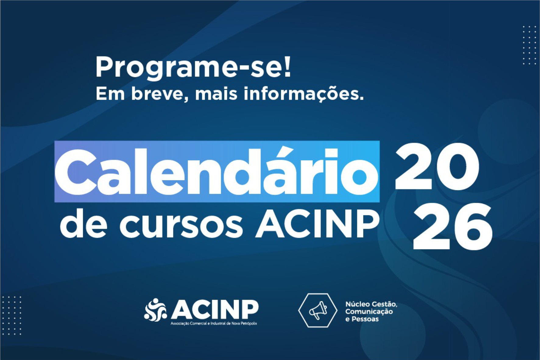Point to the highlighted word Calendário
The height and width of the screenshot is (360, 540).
tap(217, 172)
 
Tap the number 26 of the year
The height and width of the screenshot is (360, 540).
tap(453, 226)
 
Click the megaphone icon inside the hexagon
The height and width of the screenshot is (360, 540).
tap(318, 310)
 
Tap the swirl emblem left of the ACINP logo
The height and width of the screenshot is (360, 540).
tap(155, 310)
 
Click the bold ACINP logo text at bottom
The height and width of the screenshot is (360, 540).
tap(215, 309)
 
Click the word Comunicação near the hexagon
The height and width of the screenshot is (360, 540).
tap(369, 312)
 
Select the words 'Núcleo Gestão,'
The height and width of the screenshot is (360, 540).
tap(371, 304)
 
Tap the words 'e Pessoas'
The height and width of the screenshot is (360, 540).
tap(362, 319)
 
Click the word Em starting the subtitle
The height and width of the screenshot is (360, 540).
tap(110, 94)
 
